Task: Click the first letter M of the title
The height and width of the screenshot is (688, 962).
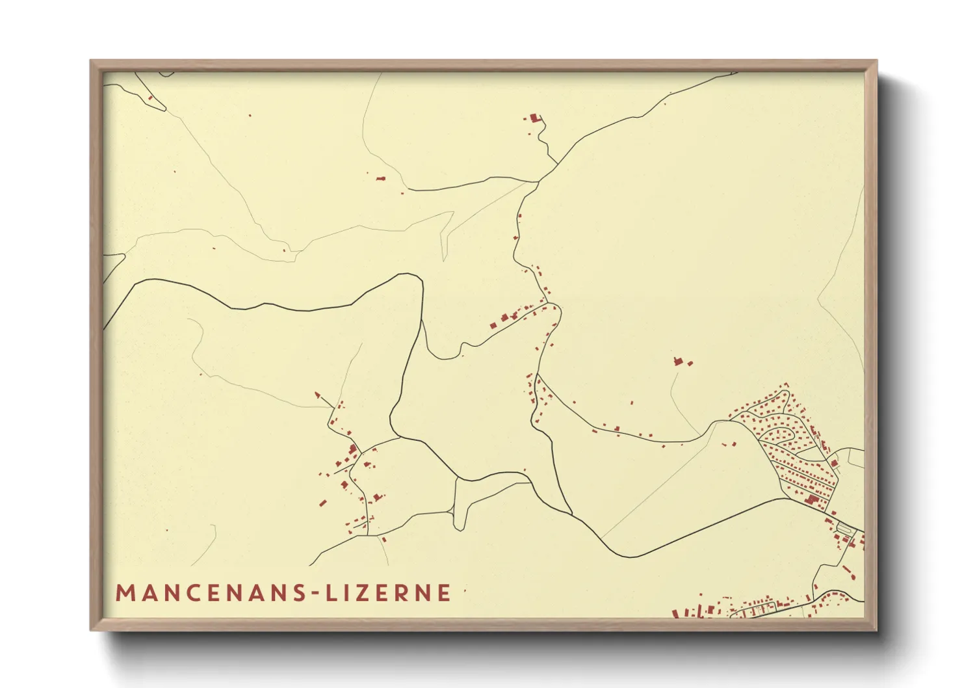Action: [x=124, y=593]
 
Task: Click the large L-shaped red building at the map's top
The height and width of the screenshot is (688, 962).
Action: [x=535, y=118]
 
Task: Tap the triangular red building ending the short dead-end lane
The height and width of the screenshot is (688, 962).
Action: [x=318, y=395]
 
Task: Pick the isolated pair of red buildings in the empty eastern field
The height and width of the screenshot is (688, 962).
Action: [x=681, y=361]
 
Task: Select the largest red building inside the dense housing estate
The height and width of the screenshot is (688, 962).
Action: [x=811, y=499]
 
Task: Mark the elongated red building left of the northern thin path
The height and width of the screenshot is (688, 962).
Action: [x=381, y=178]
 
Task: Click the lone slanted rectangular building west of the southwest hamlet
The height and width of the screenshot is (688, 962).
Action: [x=321, y=502]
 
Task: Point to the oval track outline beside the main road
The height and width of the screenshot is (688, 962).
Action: [x=844, y=527]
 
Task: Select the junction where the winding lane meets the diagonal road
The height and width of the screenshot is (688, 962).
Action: [x=540, y=180]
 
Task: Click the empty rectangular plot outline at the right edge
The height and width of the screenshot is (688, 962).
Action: [x=856, y=458]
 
